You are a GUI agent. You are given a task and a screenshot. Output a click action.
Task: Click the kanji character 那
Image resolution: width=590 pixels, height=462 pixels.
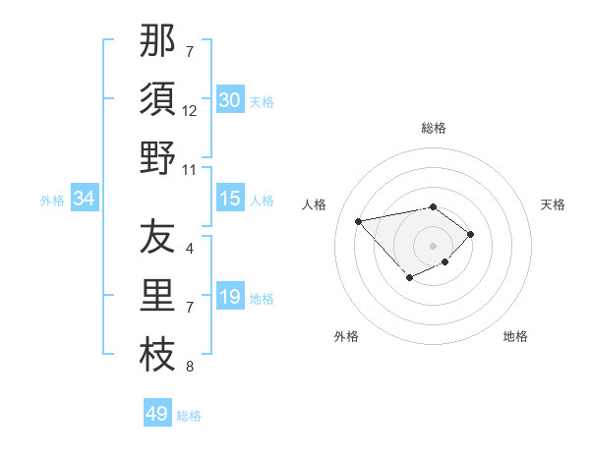[157, 41]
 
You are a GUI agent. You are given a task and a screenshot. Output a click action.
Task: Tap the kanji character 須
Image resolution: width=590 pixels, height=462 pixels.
[157, 100]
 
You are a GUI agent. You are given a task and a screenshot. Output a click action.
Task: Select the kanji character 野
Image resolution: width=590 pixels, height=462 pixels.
[157, 158]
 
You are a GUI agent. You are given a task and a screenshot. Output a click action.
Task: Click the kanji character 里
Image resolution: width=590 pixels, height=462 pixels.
[157, 296]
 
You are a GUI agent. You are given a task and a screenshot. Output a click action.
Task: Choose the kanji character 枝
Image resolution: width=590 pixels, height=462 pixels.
[157, 355]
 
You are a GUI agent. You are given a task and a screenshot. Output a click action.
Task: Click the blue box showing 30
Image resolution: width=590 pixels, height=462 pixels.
[230, 100]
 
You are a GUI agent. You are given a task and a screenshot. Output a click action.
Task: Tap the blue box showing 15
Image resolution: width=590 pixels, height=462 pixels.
[230, 199]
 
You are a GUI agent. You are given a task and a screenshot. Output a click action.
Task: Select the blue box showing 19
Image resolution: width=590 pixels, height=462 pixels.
[230, 297]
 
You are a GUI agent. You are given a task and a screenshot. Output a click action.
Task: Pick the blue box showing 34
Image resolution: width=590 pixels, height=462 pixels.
[84, 199]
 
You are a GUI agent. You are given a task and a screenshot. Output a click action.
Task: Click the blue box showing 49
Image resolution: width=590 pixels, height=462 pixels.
[157, 414]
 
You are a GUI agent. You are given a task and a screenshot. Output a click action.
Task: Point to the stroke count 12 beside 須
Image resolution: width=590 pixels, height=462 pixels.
[190, 111]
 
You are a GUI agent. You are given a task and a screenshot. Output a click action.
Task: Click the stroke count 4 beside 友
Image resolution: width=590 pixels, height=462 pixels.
[190, 249]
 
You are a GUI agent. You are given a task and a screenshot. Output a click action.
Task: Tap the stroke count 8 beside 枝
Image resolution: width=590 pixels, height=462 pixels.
[190, 367]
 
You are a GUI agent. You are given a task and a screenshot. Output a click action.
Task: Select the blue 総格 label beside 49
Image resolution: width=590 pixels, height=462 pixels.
[189, 416]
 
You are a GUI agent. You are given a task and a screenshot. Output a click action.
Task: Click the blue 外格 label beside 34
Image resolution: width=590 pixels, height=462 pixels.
[52, 201]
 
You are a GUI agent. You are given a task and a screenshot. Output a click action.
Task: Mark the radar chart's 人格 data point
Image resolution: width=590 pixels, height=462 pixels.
[359, 220]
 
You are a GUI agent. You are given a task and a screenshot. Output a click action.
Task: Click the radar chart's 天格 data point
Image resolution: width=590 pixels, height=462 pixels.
[471, 234]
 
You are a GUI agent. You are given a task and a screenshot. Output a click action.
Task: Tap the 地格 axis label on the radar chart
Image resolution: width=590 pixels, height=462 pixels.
[515, 336]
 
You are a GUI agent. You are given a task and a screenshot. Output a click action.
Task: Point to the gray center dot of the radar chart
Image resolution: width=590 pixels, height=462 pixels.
[433, 245]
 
